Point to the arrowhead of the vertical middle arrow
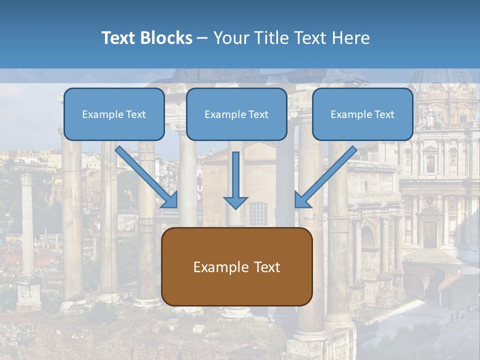(235, 202)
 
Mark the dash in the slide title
(202, 38)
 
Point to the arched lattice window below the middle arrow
(258, 213)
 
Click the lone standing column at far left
(27, 225)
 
